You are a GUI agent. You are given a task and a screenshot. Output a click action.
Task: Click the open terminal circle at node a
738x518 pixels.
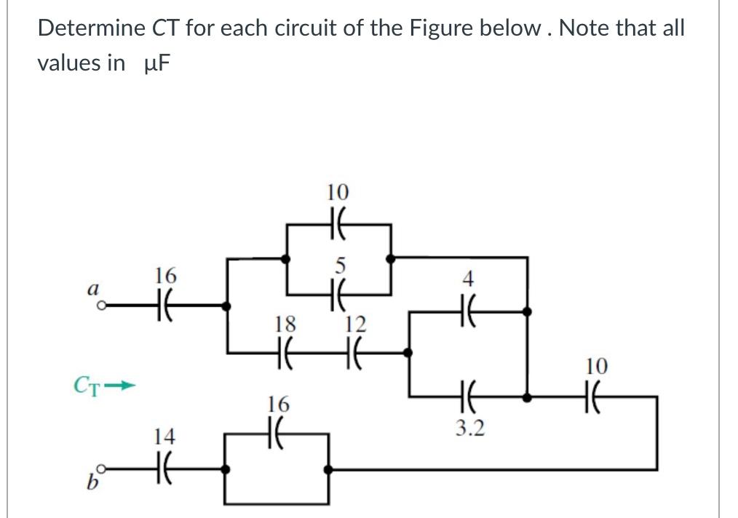pyautogui.click(x=100, y=306)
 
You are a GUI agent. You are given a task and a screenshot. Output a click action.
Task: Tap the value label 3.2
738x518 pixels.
pyautogui.click(x=469, y=428)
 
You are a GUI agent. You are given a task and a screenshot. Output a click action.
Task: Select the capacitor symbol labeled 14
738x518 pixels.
pyautogui.click(x=164, y=469)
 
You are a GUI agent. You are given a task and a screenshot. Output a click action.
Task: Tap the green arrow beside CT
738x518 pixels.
pyautogui.click(x=119, y=386)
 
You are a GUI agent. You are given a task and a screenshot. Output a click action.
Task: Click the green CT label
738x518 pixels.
pyautogui.click(x=87, y=386)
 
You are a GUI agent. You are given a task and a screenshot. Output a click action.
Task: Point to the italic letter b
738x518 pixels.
pyautogui.click(x=92, y=482)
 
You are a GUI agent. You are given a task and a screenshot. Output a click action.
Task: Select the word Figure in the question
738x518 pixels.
pyautogui.click(x=441, y=29)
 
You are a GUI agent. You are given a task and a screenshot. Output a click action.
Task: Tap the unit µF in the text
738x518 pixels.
pyautogui.click(x=156, y=63)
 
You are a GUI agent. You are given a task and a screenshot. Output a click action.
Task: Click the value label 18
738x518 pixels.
pyautogui.click(x=285, y=324)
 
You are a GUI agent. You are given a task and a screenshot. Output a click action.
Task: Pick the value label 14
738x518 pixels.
pyautogui.click(x=164, y=436)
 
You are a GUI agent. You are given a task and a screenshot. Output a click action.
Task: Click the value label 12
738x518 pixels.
pyautogui.click(x=355, y=324)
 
